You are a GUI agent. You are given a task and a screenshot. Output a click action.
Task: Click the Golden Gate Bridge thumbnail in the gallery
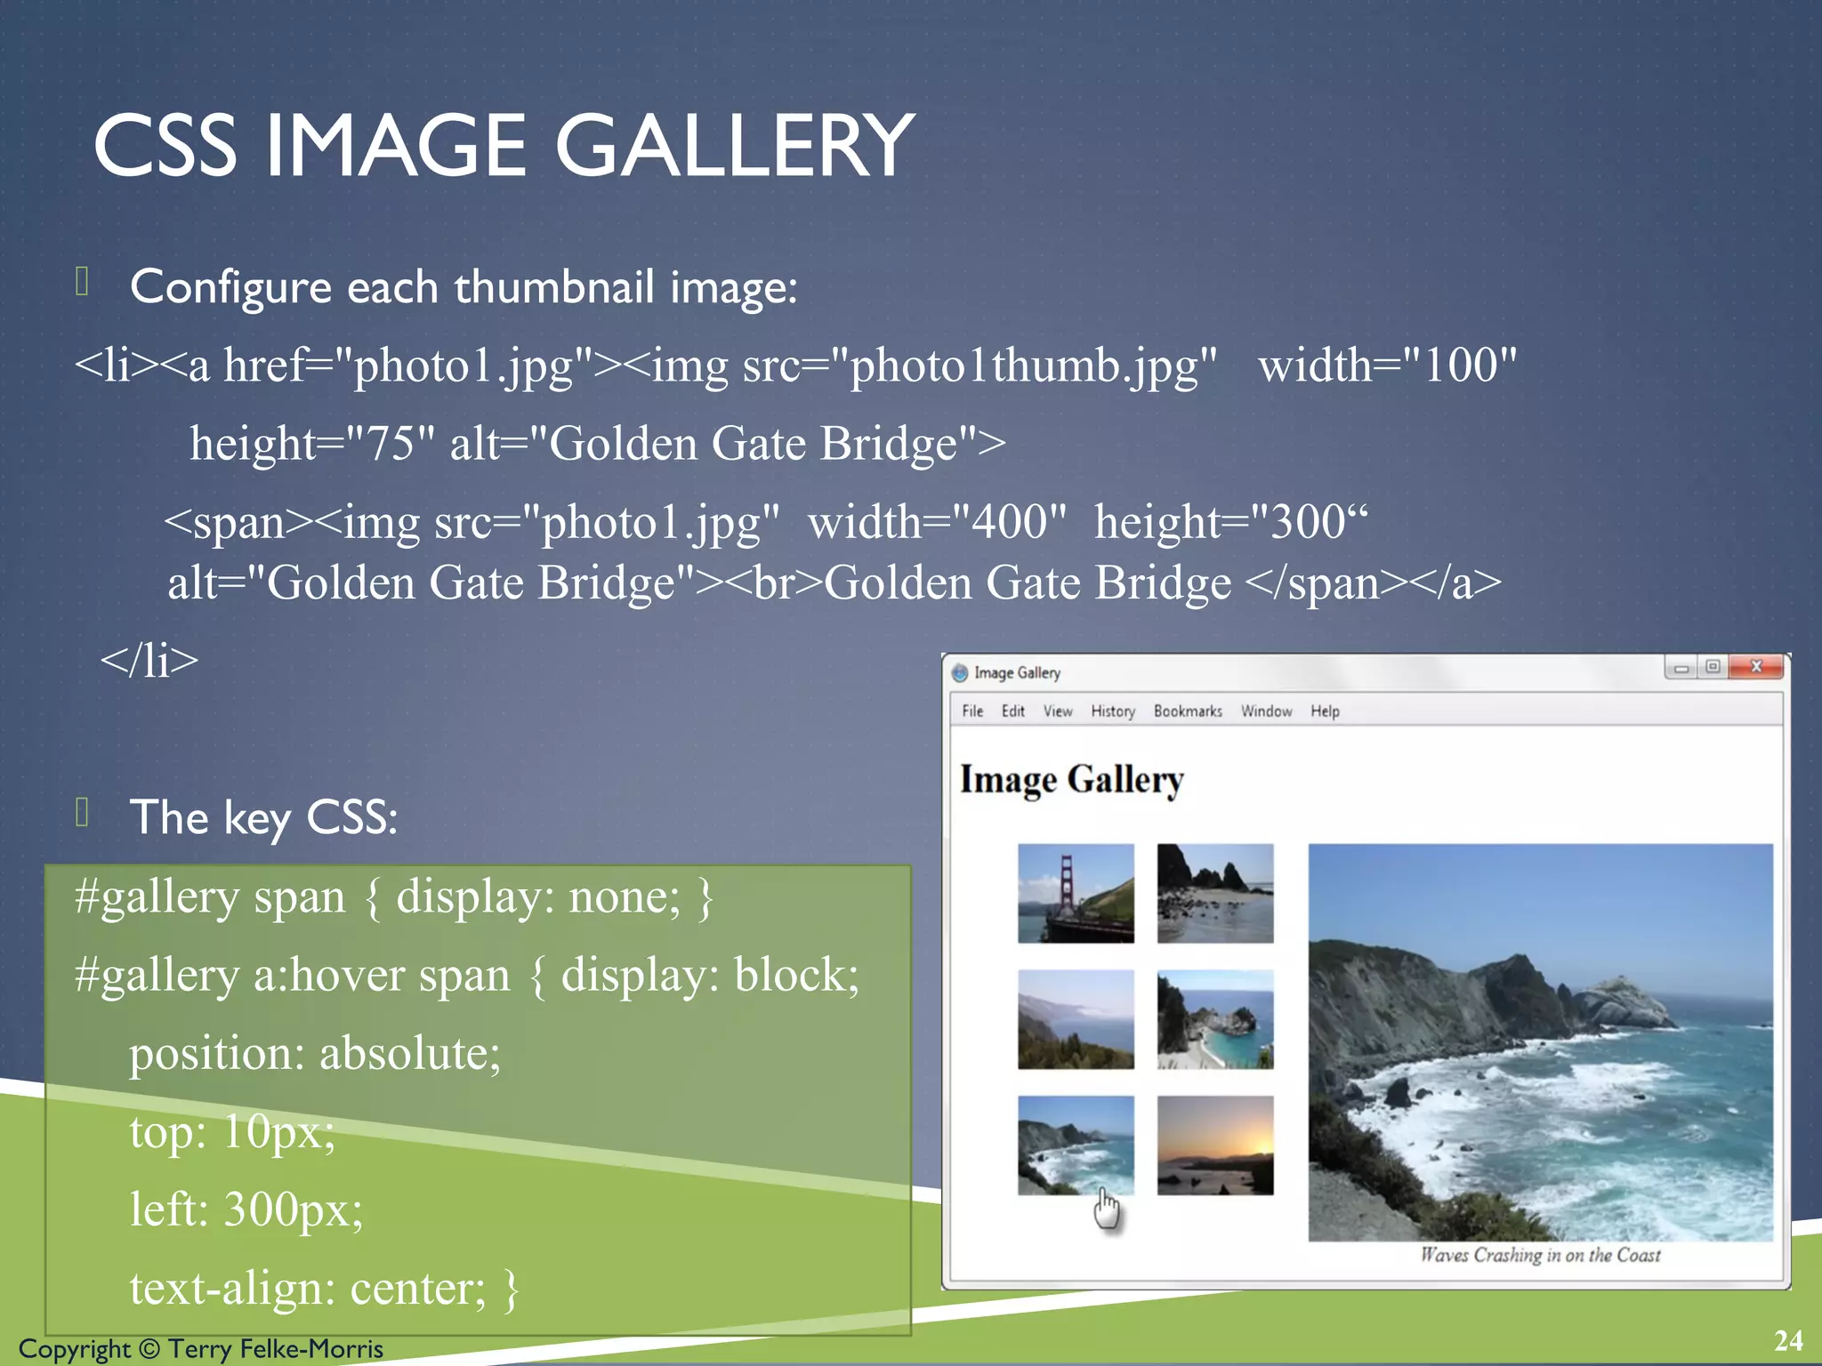[1076, 893]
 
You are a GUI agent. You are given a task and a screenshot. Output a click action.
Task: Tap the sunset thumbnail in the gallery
[1215, 1145]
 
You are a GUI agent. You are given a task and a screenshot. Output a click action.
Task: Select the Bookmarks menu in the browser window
[1188, 711]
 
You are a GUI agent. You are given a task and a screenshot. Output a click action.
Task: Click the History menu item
[1113, 711]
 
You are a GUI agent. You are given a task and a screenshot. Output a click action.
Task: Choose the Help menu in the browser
[1325, 711]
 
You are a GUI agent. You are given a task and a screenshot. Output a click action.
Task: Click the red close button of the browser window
[1756, 667]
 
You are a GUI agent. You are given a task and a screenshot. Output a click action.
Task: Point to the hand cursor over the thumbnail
[1106, 1208]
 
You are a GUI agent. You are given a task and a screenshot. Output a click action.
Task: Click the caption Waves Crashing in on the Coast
[1540, 1255]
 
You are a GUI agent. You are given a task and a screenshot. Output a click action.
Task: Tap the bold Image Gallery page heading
[1072, 780]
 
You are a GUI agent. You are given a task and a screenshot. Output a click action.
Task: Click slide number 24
[1788, 1340]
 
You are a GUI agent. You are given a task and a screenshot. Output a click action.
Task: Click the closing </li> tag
[149, 661]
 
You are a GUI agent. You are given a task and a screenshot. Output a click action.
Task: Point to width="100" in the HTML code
[1387, 366]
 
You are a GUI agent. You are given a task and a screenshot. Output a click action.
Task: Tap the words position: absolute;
[315, 1054]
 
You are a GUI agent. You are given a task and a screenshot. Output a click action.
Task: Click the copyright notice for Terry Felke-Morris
[201, 1349]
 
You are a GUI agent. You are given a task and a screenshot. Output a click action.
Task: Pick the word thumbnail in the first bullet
[554, 287]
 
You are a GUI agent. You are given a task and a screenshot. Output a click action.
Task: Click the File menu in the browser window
[972, 711]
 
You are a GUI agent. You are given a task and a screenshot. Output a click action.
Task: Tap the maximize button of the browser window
[1713, 667]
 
